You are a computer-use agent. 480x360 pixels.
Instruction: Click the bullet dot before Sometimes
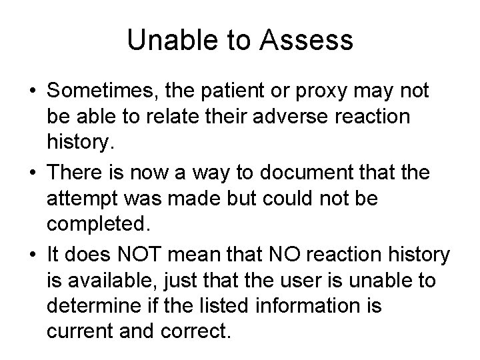pyautogui.click(x=31, y=90)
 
